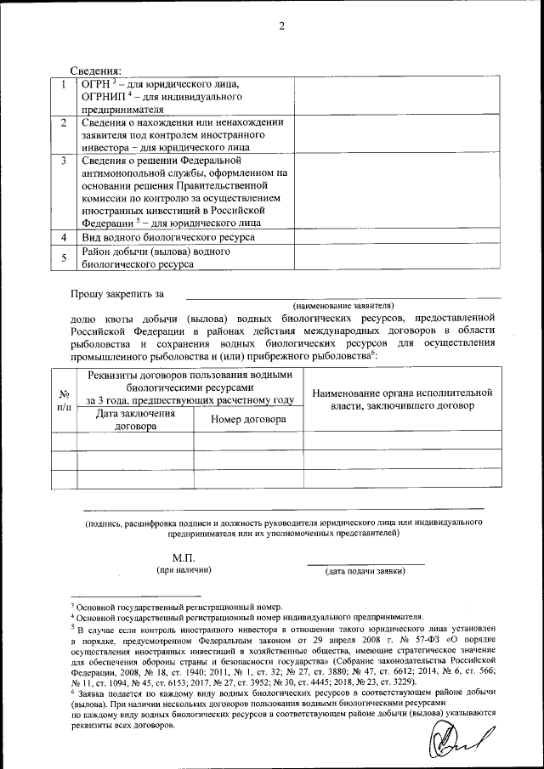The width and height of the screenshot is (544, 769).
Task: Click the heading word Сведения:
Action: tap(95, 70)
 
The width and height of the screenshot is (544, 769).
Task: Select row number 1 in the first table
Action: tap(63, 84)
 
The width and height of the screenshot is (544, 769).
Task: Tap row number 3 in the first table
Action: tap(63, 160)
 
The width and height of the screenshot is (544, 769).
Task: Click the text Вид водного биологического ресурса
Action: tap(167, 237)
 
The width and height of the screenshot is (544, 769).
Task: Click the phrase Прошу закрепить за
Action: tap(116, 294)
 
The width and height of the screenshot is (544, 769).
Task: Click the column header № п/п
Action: tap(63, 401)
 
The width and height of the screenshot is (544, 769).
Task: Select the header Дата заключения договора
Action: tap(135, 420)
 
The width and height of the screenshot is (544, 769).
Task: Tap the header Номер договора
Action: tap(248, 419)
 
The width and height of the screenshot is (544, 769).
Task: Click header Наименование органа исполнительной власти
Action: tap(402, 400)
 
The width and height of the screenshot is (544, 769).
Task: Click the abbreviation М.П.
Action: tap(184, 557)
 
